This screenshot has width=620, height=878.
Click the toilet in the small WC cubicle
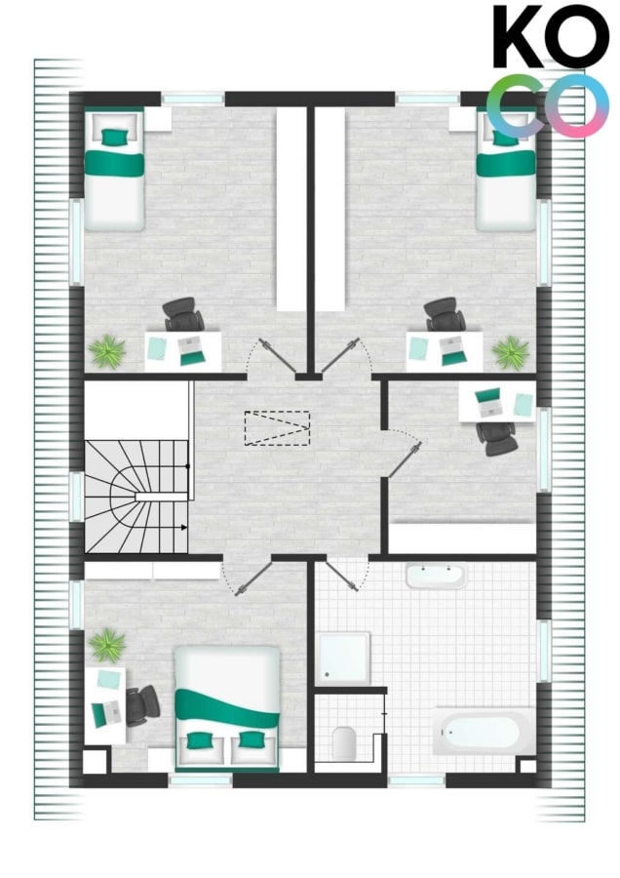[343, 743]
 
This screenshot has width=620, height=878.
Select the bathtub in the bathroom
[484, 732]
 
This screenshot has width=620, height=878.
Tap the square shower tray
[344, 658]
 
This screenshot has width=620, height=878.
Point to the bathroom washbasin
[436, 577]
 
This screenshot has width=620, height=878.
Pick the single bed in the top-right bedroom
[506, 171]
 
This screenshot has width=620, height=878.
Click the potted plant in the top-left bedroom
[107, 351]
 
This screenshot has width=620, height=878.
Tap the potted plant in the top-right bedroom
[510, 352]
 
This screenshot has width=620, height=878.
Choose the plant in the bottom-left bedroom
[107, 645]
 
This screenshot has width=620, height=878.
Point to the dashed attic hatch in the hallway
[277, 428]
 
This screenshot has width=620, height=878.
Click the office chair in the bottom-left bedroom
[142, 706]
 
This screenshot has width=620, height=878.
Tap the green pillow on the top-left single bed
[114, 136]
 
